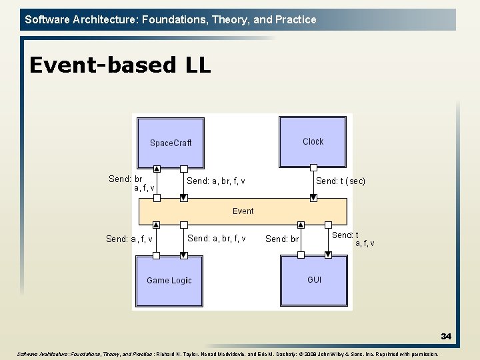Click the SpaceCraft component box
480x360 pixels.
(170, 143)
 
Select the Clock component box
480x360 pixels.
(313, 142)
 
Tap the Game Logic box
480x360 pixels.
(169, 281)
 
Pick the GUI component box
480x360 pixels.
(314, 280)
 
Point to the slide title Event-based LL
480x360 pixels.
(120, 65)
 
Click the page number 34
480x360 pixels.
(445, 337)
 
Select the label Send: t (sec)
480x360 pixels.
(340, 181)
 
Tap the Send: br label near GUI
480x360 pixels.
(282, 239)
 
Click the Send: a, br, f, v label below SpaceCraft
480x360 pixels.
(215, 181)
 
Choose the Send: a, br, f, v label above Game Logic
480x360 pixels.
(217, 239)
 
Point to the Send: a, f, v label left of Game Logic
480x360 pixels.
(129, 239)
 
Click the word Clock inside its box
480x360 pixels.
(313, 141)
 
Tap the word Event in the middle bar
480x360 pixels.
(243, 211)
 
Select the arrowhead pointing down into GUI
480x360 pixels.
(328, 254)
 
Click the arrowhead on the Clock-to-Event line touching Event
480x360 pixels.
(313, 197)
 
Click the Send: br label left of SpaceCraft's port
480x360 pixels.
(125, 179)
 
